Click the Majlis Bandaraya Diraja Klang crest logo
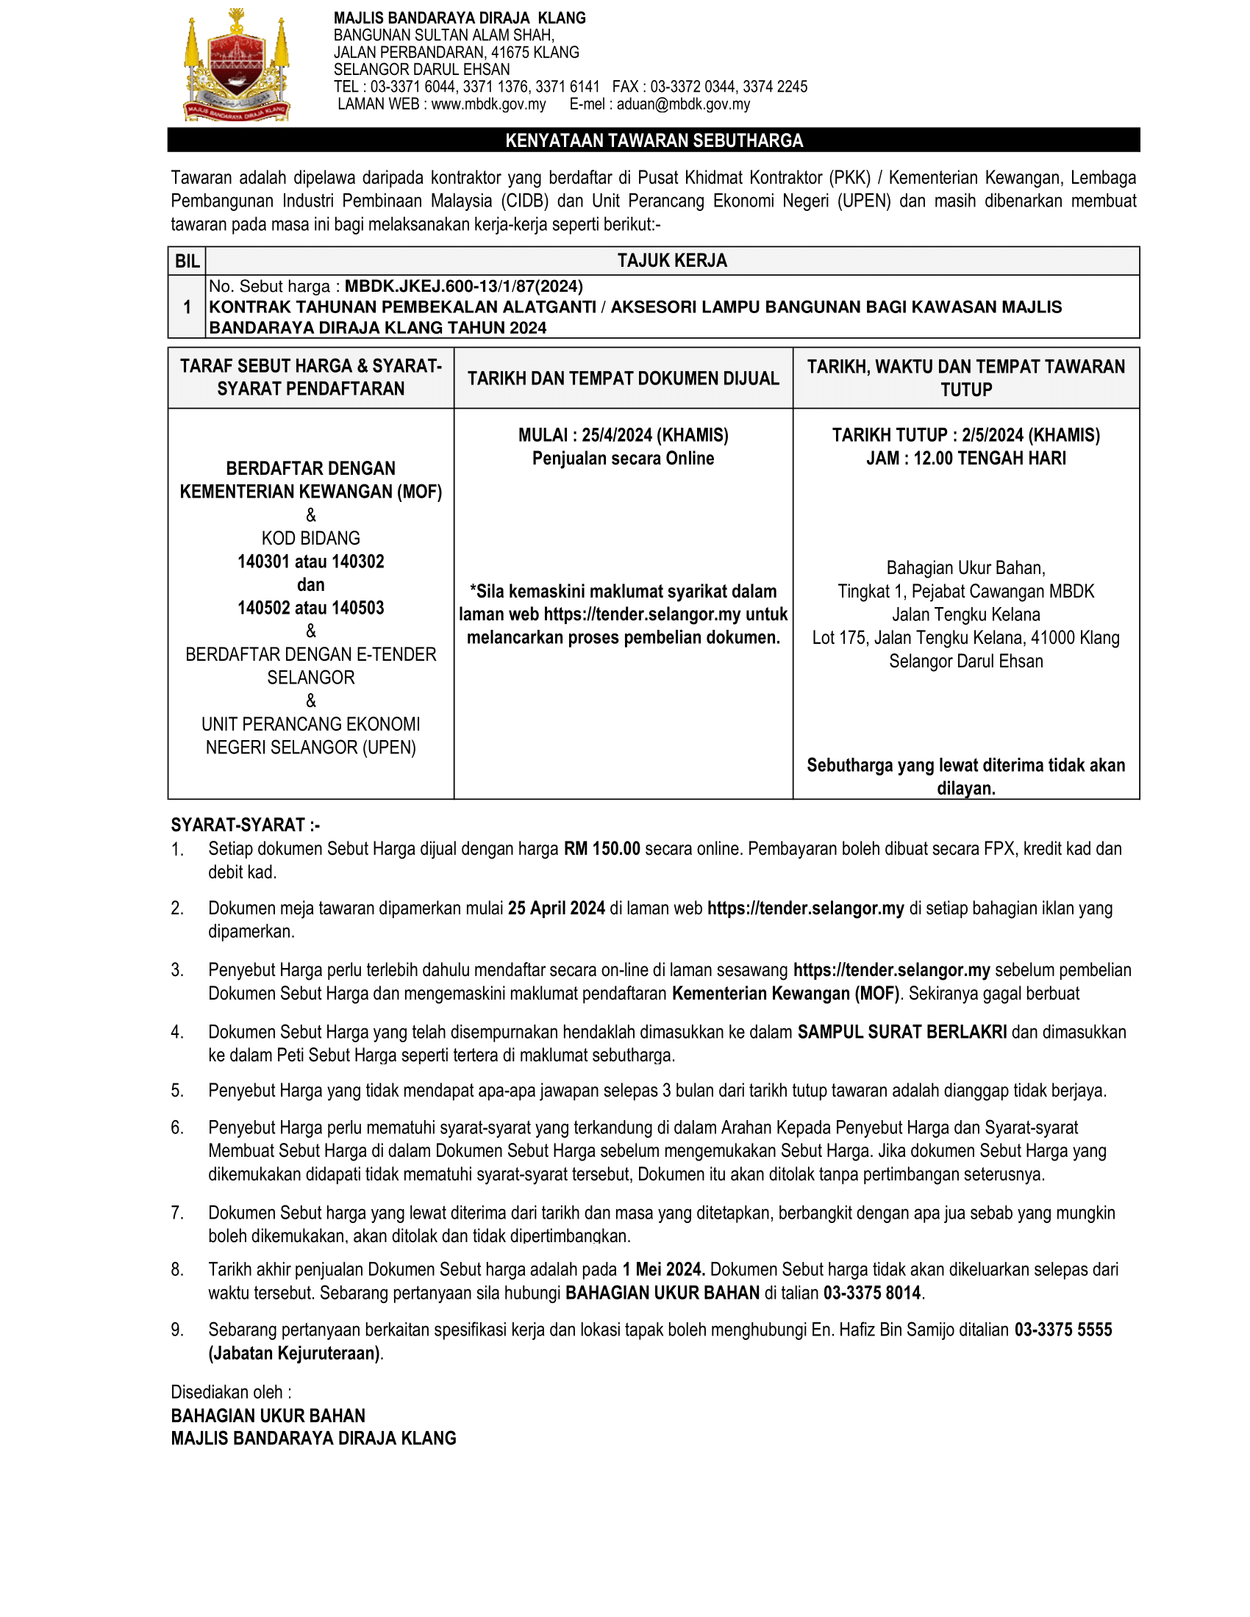tap(235, 65)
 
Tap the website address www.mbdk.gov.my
tap(488, 104)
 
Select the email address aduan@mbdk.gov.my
tap(683, 104)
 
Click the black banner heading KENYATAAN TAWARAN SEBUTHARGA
tap(653, 140)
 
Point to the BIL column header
tap(187, 262)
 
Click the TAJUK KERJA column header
tap(671, 261)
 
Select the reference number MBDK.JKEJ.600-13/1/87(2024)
tap(463, 287)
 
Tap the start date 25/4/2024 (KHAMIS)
tap(654, 435)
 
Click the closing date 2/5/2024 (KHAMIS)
tap(1030, 435)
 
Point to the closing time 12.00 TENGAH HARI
tap(989, 459)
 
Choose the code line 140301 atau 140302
tap(310, 562)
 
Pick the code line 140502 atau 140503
tap(310, 609)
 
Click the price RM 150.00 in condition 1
tap(601, 849)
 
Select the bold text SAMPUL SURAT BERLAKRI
tap(901, 1033)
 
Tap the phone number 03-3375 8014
tap(871, 1294)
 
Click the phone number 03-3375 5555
tap(1062, 1330)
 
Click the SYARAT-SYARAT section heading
tap(245, 825)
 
